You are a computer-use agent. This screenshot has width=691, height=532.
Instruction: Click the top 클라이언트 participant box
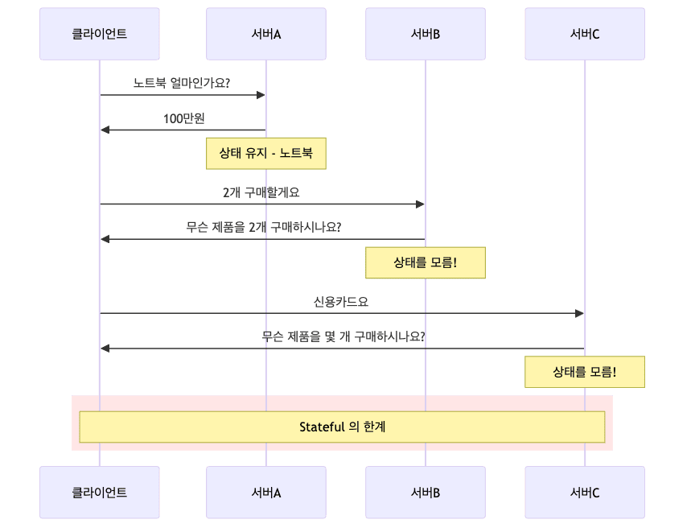click(x=100, y=34)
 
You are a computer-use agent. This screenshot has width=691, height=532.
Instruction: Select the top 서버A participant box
click(x=265, y=34)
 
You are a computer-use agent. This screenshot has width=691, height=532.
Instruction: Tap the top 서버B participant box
click(x=425, y=34)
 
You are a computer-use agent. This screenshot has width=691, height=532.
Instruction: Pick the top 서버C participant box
click(x=585, y=34)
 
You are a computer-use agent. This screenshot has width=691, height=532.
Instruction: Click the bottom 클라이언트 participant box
click(x=100, y=493)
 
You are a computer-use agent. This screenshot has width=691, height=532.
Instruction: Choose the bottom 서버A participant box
click(x=265, y=493)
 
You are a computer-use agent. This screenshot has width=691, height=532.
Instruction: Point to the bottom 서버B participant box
click(x=425, y=493)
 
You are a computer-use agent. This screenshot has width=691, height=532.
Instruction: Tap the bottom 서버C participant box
click(x=585, y=493)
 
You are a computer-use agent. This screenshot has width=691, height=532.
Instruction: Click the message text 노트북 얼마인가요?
click(x=182, y=83)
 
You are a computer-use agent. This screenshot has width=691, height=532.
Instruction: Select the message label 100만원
click(x=184, y=119)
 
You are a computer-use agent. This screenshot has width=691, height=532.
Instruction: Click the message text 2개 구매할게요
click(x=261, y=192)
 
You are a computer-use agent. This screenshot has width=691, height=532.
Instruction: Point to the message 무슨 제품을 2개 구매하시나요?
click(x=263, y=228)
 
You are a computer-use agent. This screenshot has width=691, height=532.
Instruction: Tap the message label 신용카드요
click(x=341, y=302)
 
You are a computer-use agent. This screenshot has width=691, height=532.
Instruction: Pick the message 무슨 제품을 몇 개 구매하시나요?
click(x=343, y=337)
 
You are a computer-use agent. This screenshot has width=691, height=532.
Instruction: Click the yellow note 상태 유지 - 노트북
click(x=265, y=153)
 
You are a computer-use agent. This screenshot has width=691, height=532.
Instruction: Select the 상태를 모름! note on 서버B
click(x=425, y=262)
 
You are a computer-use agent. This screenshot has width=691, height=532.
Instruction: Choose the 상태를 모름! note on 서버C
click(x=585, y=372)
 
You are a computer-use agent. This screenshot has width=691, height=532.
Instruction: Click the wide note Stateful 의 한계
click(x=342, y=427)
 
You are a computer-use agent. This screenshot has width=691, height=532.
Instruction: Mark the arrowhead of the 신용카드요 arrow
click(x=579, y=313)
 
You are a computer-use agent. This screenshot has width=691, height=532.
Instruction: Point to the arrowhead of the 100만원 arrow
click(x=105, y=130)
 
